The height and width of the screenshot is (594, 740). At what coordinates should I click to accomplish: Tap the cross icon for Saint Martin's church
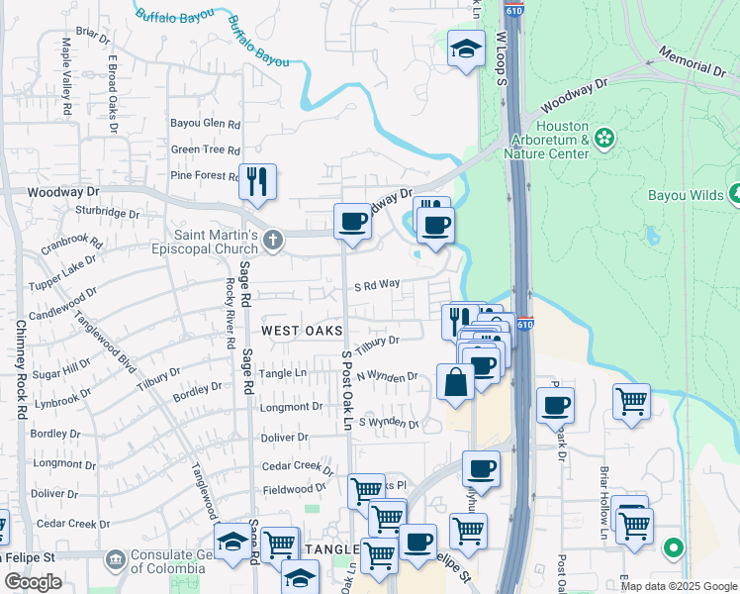click(x=274, y=238)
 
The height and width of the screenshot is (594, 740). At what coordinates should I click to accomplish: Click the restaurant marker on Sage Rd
click(x=257, y=181)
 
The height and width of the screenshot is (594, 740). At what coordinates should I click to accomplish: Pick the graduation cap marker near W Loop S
click(x=466, y=49)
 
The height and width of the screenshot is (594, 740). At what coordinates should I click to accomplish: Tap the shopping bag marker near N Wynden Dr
click(x=455, y=382)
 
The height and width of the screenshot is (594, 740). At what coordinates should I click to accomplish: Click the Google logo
click(x=33, y=581)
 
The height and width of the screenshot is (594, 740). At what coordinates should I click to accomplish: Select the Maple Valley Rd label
click(x=67, y=67)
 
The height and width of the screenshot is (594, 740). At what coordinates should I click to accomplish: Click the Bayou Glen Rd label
click(x=206, y=125)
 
